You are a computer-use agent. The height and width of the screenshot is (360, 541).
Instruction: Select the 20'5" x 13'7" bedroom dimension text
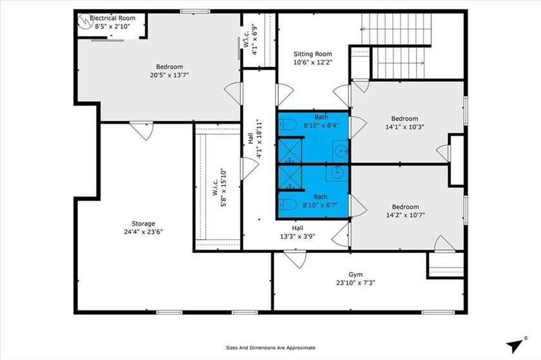[169, 75]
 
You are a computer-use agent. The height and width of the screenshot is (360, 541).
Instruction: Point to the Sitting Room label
[312, 54]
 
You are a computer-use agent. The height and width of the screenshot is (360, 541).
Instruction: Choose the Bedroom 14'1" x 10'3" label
[404, 118]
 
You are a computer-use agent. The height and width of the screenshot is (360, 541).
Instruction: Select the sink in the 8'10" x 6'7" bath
[336, 173]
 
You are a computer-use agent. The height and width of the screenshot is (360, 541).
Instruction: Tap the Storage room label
[144, 223]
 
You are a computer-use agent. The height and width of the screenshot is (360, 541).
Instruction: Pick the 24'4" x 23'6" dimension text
[144, 232]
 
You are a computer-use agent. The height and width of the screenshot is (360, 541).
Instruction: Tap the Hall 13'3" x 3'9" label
[298, 232]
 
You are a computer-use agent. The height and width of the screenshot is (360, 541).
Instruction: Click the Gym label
[356, 273]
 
